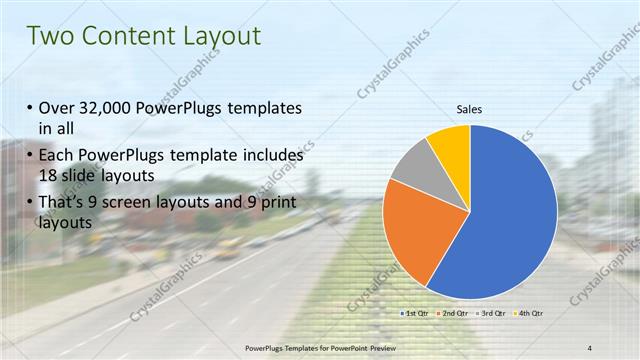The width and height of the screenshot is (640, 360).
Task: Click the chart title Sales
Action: [x=470, y=110]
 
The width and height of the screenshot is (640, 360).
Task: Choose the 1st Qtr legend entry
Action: [x=415, y=314]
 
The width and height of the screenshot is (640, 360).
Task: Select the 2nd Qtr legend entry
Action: [x=452, y=314]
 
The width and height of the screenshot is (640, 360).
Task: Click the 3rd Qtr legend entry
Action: [x=490, y=314]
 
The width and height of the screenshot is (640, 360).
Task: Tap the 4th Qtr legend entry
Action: [x=527, y=314]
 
